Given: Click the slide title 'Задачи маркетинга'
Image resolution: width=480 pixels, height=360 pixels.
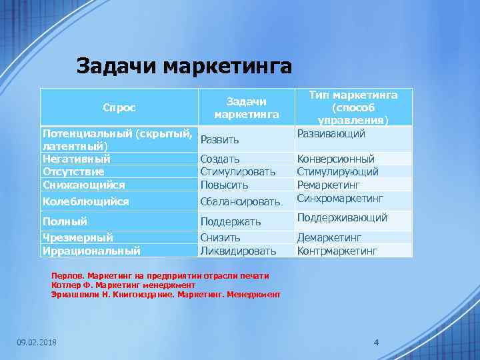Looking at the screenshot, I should tap(184, 67).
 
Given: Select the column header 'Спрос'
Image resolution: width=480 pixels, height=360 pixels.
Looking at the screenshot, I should tap(119, 107).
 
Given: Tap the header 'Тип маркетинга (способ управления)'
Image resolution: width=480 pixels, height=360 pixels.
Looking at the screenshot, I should tap(353, 107).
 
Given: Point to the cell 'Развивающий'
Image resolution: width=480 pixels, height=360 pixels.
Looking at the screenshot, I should tap(331, 134).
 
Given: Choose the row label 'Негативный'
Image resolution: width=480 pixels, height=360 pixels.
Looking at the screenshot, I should tap(77, 159).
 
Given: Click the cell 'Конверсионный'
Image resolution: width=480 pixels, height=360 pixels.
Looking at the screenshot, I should tap(335, 159).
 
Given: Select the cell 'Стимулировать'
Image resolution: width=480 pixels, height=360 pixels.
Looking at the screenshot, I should tap(238, 172).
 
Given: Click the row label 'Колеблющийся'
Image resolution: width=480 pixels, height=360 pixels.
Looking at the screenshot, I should tap(85, 201).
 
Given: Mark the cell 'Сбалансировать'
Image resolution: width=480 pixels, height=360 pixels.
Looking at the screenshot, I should tap(241, 201).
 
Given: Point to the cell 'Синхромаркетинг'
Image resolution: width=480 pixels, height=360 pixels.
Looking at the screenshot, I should tap(340, 198).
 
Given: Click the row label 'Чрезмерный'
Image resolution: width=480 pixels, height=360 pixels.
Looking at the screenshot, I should tap(77, 237).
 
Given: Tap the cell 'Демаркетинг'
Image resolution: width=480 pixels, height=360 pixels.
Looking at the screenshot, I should tap(329, 237).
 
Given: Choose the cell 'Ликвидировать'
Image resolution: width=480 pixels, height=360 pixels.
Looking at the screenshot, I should tap(238, 251).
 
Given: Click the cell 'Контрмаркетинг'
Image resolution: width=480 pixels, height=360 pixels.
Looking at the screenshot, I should tap(337, 251).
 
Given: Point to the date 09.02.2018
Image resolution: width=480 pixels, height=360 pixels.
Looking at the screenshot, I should tap(37, 343).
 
